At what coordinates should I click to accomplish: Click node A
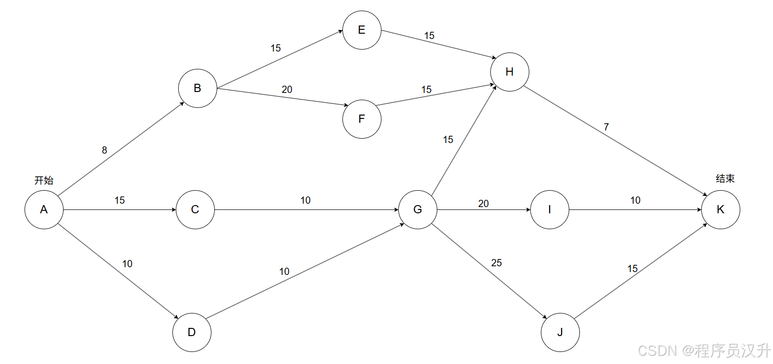(44, 209)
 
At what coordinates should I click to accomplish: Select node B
(197, 88)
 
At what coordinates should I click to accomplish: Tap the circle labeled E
(362, 30)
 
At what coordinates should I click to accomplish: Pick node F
(362, 119)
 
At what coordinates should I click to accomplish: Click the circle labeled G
(418, 209)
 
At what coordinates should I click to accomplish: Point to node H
(510, 72)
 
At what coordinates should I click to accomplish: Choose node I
(550, 209)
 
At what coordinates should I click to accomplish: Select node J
(560, 332)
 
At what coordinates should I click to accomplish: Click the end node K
(721, 209)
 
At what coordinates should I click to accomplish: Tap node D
(192, 332)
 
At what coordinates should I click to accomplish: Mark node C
(195, 209)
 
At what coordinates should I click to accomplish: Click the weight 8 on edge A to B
(105, 150)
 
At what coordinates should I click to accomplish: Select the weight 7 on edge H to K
(606, 127)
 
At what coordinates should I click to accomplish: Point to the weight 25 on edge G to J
(497, 263)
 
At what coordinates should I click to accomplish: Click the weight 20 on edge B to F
(287, 90)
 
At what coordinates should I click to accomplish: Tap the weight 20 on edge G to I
(484, 204)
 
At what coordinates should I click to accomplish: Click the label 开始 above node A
(44, 180)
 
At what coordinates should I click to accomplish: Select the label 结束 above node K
(725, 179)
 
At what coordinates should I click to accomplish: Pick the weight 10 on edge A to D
(127, 264)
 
